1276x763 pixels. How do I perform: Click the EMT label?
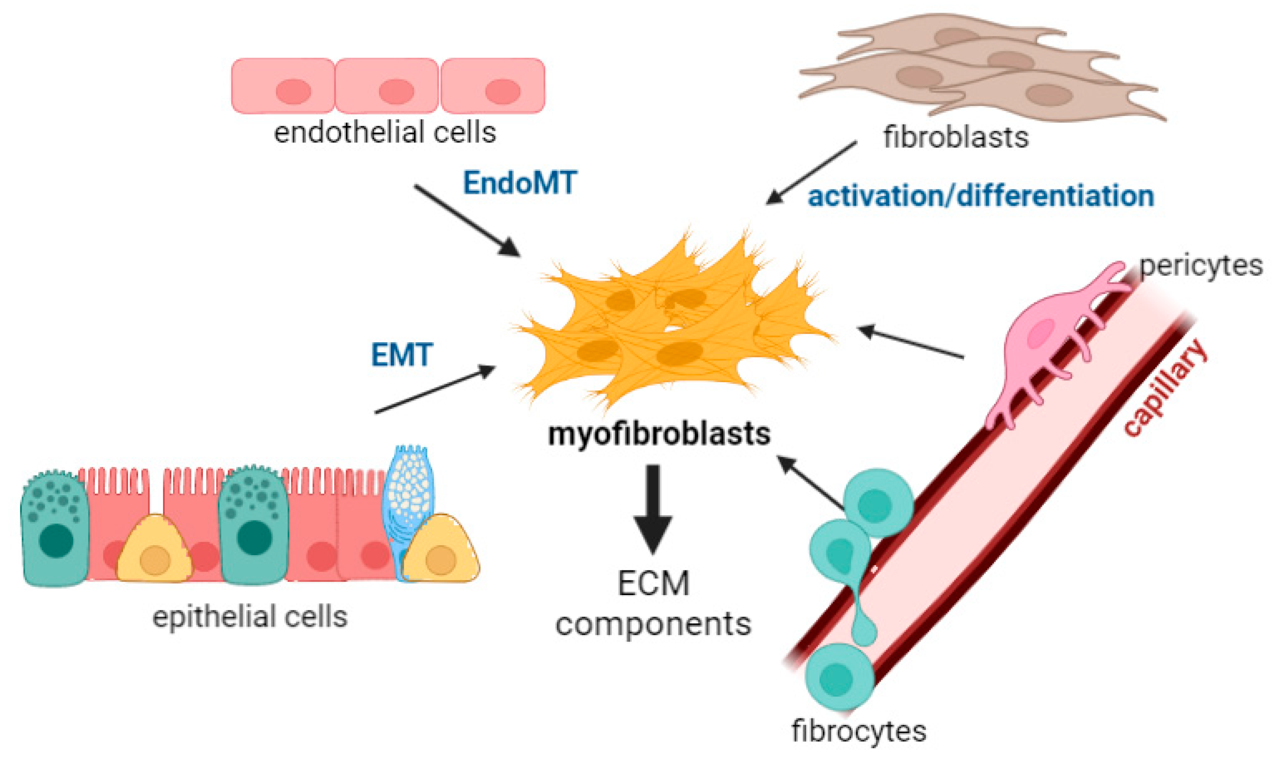coord(402,355)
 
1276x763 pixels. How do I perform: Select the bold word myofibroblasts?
coord(659,434)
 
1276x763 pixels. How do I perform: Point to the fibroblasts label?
coord(956,138)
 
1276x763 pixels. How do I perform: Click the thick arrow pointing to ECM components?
coord(653,509)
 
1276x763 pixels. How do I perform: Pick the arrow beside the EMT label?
coord(435,390)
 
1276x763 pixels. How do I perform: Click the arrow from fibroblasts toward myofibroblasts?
coord(812,173)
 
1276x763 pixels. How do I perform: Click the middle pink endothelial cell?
coord(387,86)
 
